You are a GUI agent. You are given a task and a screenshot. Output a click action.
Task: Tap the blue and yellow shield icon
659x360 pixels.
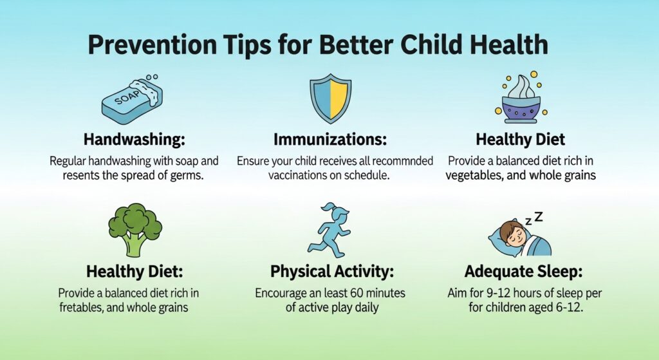[x=331, y=99]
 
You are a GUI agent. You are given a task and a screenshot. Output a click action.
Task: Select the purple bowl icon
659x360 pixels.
[x=521, y=99]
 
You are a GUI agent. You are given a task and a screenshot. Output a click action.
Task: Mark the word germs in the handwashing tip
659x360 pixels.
[x=187, y=175]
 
